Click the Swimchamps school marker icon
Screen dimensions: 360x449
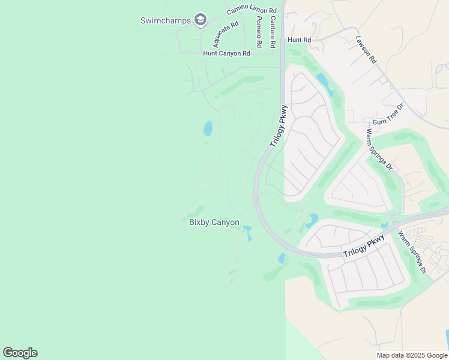pyautogui.click(x=200, y=20)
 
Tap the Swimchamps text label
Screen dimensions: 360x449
pyautogui.click(x=165, y=20)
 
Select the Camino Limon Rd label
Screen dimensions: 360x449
pyautogui.click(x=252, y=11)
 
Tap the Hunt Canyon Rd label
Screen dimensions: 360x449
pyautogui.click(x=226, y=53)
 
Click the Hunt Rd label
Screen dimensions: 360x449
pyautogui.click(x=299, y=40)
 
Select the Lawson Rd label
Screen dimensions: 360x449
pyautogui.click(x=366, y=50)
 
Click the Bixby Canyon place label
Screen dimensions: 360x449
pyautogui.click(x=214, y=223)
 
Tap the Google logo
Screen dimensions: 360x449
pyautogui.click(x=20, y=353)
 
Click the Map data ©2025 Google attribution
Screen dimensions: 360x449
pyautogui.click(x=412, y=355)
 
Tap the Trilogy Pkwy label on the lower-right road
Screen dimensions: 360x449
pyautogui.click(x=364, y=247)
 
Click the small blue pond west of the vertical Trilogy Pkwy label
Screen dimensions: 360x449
pyautogui.click(x=208, y=128)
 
